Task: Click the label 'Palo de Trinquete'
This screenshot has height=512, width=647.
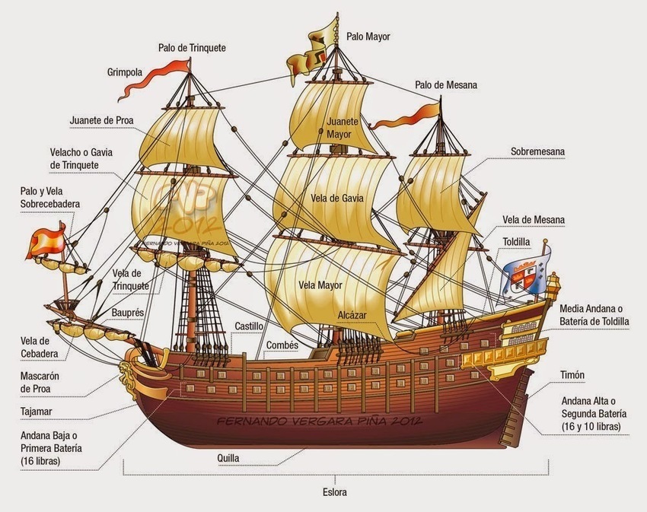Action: click(192, 48)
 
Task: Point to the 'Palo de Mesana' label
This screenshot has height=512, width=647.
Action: click(445, 85)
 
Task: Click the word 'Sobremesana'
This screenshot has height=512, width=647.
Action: click(537, 151)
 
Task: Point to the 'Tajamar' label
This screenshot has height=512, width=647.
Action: click(37, 412)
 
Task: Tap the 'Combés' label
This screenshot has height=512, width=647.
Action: click(281, 345)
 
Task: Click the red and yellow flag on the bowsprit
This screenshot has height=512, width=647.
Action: click(46, 243)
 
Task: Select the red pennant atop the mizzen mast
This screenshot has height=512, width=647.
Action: click(415, 115)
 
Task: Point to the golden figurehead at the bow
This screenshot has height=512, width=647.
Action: click(125, 372)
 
